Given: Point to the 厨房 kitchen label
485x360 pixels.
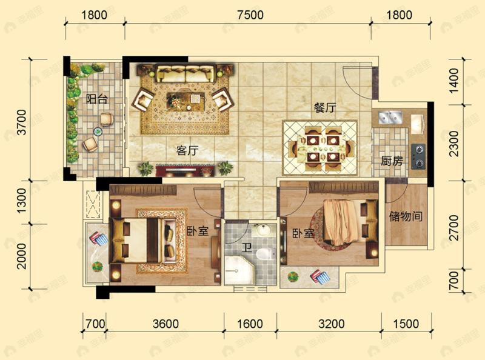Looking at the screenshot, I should [x=391, y=161].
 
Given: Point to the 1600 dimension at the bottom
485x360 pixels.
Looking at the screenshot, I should [x=250, y=324].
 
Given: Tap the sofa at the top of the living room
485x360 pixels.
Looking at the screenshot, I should [x=186, y=75].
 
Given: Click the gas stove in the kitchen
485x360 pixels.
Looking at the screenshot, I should [x=418, y=155].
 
